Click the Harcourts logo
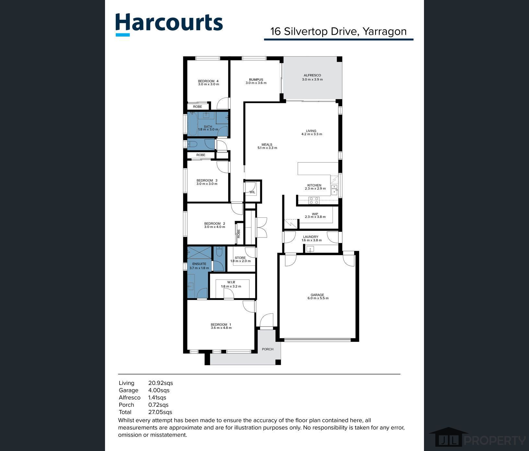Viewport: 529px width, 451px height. coord(169,24)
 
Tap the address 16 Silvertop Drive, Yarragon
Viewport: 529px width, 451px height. coord(338,31)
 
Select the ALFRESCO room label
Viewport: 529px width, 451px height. coord(312,75)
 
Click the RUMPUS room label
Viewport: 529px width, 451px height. coord(256,79)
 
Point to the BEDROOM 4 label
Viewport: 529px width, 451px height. coord(208,81)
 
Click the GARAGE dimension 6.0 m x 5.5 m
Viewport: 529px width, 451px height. coord(318,298)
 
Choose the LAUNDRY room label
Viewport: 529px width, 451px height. coord(311,237)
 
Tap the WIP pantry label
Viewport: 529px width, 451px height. coord(315,214)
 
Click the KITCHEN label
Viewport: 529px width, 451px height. coord(314,185)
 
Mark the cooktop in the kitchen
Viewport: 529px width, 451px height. coord(314,201)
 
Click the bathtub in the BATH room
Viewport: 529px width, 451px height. coord(193,124)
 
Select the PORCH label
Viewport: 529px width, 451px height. coord(268,349)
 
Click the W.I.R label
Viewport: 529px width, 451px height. coord(231,283)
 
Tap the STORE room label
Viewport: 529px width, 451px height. coord(240,258)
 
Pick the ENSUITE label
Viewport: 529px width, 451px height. coord(199,264)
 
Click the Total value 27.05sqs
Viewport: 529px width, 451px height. coord(160,412)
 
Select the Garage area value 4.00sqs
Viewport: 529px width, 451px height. coord(159,390)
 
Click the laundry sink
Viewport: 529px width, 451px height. coord(310,249)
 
